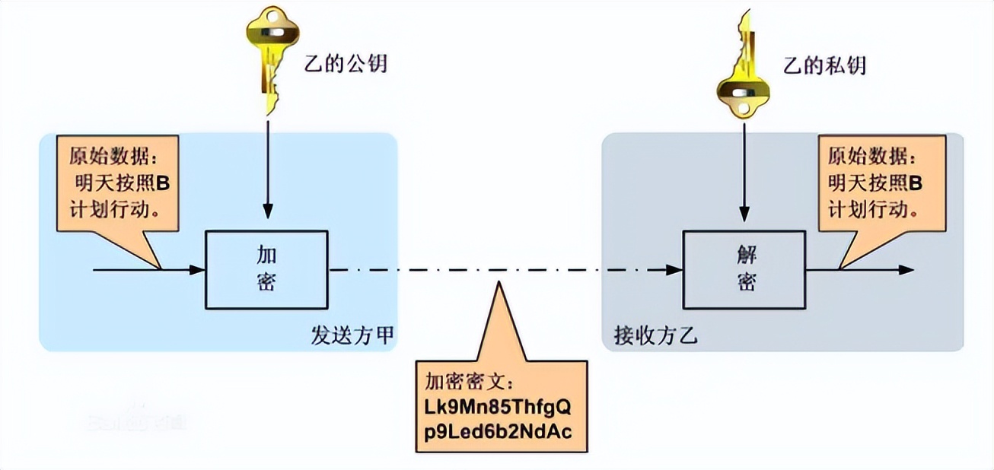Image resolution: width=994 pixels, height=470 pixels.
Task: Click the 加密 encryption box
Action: pos(266,271)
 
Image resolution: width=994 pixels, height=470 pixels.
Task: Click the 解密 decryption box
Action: pos(743,271)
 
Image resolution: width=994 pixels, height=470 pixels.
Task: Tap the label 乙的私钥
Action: pos(825,65)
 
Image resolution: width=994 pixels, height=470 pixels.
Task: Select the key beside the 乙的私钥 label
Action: pos(743,72)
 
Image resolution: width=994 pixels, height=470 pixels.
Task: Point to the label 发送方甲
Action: pos(352,335)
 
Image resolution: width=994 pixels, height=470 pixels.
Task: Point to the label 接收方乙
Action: pos(655,335)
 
